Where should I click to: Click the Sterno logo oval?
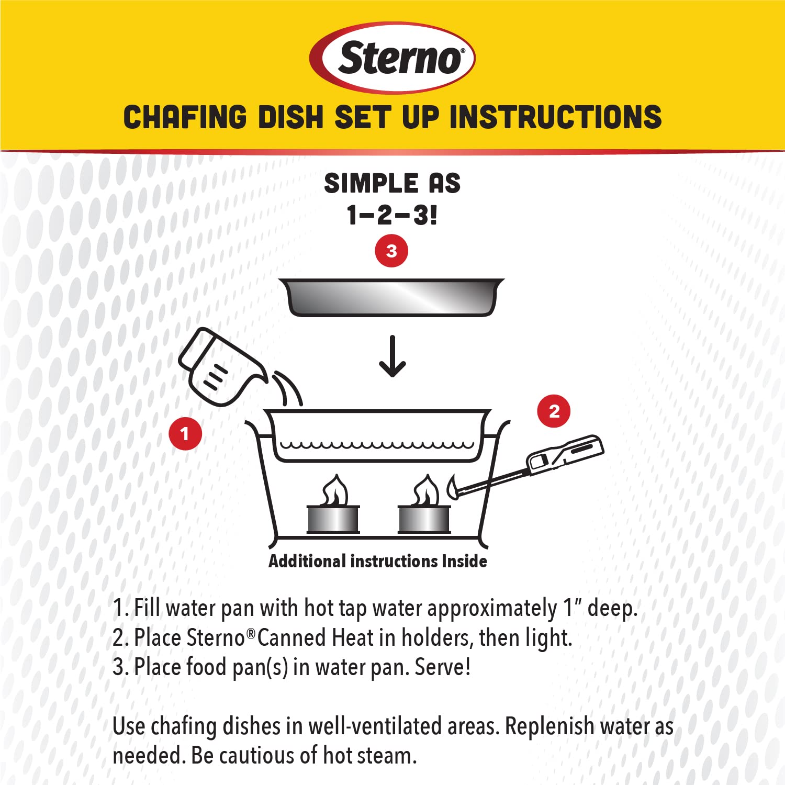(392, 58)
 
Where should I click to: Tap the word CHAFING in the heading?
(185, 117)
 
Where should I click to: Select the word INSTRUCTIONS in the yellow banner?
(555, 117)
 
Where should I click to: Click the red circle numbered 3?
(391, 251)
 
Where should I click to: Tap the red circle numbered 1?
(185, 434)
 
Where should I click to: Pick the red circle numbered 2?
(554, 411)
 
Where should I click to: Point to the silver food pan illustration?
(391, 297)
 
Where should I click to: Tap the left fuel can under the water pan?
(333, 519)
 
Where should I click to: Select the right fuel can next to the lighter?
(424, 519)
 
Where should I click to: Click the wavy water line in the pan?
(377, 445)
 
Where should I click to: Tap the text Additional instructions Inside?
(377, 562)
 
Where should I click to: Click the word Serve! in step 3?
(443, 667)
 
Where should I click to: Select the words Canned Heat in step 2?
(316, 638)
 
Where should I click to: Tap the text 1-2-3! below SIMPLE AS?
(392, 215)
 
